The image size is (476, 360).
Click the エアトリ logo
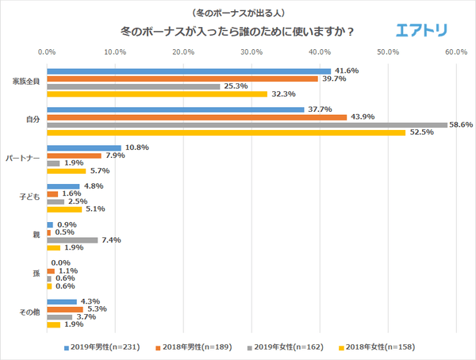[421, 31]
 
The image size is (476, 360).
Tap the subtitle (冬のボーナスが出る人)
[237, 13]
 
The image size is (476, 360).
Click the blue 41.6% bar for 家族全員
[189, 71]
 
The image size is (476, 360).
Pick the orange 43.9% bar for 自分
[197, 117]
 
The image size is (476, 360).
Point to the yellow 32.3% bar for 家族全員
[157, 94]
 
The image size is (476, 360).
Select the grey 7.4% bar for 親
[72, 239]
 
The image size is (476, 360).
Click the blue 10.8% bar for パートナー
[84, 148]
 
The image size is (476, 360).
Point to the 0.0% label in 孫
[62, 262]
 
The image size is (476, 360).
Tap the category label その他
[30, 312]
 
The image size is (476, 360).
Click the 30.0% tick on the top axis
[251, 52]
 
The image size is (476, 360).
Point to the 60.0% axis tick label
[455, 52]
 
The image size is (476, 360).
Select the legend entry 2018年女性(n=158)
[380, 347]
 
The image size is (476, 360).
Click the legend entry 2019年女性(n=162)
[288, 347]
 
